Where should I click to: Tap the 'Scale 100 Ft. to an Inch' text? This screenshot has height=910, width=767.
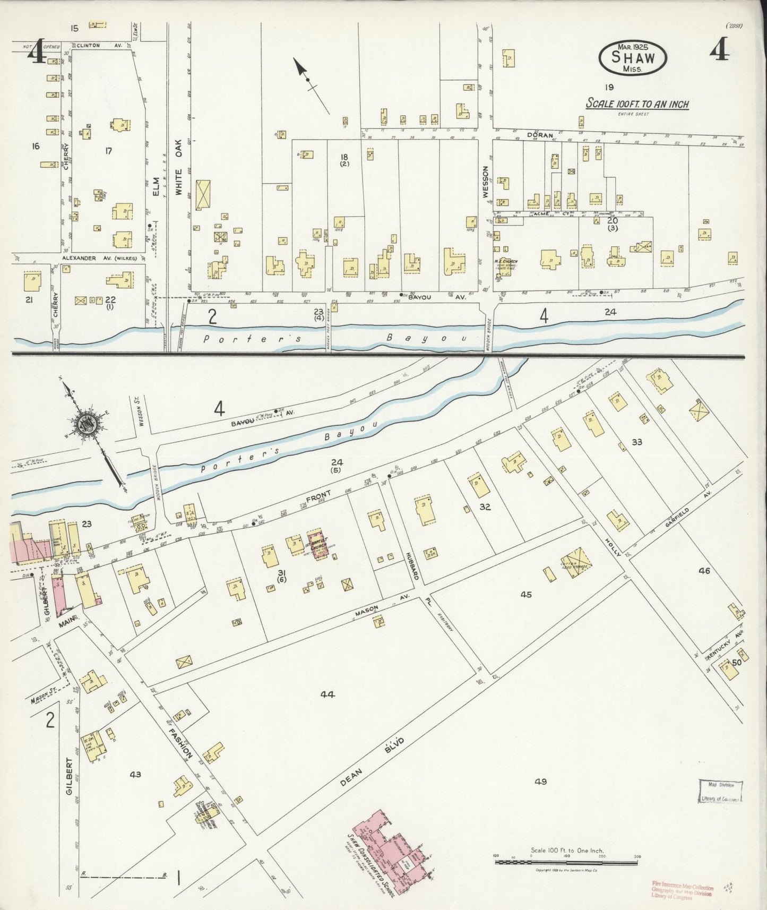pos(637,104)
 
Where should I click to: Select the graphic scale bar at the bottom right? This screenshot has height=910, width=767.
pos(566,862)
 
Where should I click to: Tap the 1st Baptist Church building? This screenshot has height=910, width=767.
pos(318,543)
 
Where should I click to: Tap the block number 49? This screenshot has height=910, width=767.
pos(540,781)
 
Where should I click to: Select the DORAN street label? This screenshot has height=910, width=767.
pos(540,135)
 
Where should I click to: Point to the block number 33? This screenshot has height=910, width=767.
pos(636,442)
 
